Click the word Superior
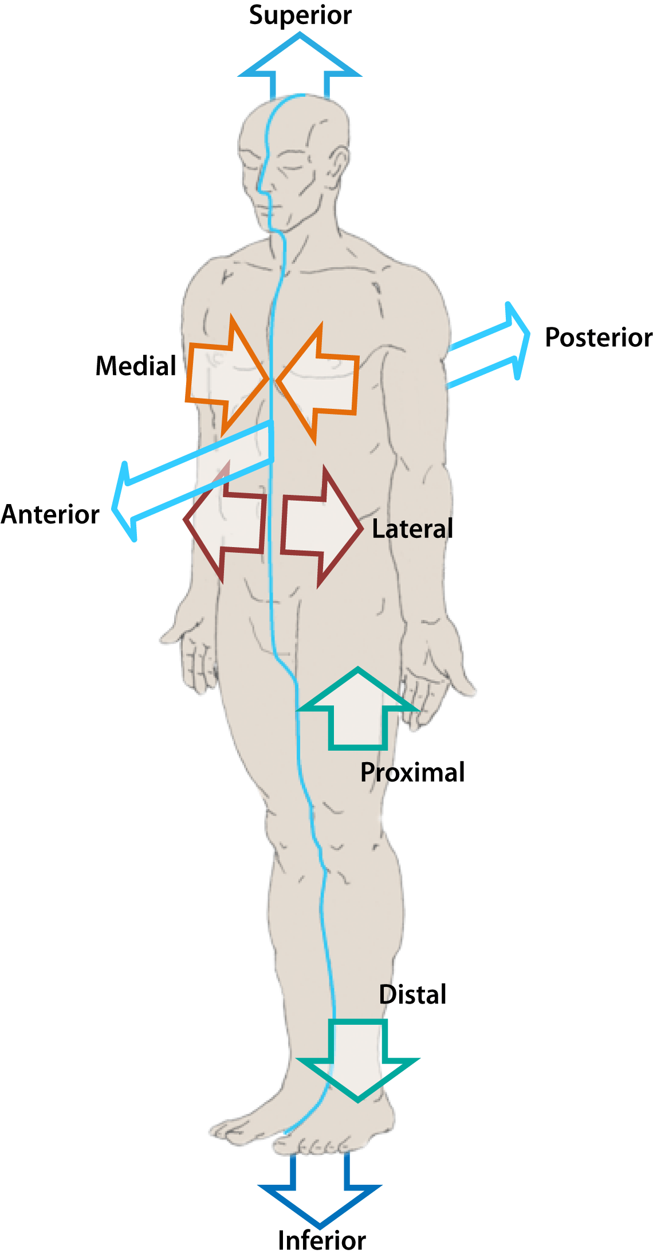pos(300,15)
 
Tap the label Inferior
pos(321,1240)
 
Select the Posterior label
pos(598,337)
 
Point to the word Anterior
pos(50,514)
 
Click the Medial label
pos(136,366)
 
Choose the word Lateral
pos(412,529)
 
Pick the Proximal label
pos(412,772)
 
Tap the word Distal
pos(412,995)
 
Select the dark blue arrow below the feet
pos(320,1193)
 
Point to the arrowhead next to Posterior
pos(516,338)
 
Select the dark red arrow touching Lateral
pos(321,528)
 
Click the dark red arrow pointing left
pos(226,522)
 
